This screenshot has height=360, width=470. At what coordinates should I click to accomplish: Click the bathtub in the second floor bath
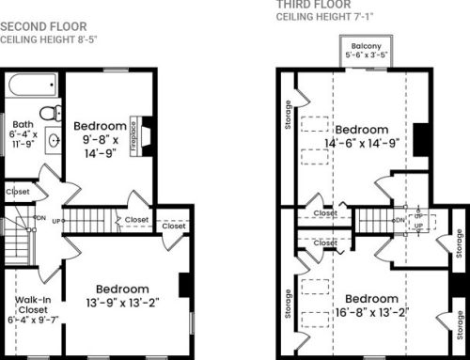pos(33,85)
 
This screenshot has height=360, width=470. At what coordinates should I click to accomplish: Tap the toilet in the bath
pos(51,113)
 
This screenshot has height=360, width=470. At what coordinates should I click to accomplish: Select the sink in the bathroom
pos(54,140)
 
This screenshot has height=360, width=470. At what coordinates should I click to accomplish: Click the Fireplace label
pos(133,136)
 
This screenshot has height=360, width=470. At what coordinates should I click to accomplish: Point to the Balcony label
pos(366,46)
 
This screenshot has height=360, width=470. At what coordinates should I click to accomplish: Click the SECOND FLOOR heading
pos(43,26)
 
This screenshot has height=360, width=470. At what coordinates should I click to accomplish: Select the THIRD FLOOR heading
pos(313,5)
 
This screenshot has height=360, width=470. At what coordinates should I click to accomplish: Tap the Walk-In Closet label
pos(33,305)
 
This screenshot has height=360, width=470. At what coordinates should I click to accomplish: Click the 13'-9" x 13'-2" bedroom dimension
pos(122,303)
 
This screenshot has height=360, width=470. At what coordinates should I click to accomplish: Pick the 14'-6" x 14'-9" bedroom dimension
pos(362,144)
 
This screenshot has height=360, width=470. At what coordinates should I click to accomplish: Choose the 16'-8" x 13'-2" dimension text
pos(372,312)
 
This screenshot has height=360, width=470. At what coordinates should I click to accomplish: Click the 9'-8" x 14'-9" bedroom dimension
pos(101,147)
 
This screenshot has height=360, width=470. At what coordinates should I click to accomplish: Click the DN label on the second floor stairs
pos(41,218)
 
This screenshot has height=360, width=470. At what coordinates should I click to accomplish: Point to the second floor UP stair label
pos(56,221)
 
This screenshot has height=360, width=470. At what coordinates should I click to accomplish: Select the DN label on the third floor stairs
pos(400,220)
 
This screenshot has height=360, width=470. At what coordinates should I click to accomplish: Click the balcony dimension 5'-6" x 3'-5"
pos(367,55)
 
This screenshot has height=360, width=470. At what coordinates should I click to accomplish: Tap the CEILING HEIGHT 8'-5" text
pos(49,39)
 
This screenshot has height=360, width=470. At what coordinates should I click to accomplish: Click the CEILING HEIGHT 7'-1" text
pos(324,17)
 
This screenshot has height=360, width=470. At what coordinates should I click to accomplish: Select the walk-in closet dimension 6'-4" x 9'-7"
pos(33,320)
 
